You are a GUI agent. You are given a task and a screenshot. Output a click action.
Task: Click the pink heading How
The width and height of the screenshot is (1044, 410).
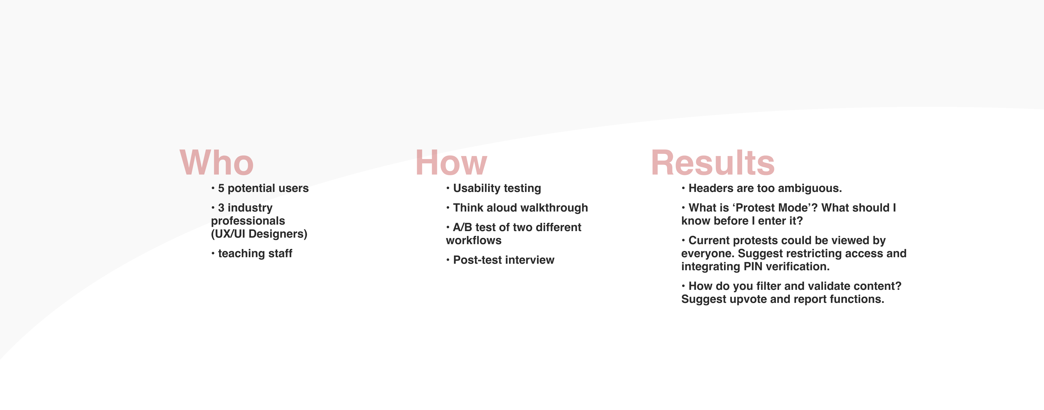(451, 163)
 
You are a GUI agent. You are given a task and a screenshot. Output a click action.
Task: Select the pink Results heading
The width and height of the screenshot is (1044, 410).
(713, 163)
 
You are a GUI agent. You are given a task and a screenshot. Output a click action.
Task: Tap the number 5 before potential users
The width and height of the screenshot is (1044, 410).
(221, 188)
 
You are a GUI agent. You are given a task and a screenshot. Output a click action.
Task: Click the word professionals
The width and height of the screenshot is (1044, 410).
(248, 221)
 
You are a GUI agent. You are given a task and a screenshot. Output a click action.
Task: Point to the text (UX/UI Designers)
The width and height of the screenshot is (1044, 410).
(259, 234)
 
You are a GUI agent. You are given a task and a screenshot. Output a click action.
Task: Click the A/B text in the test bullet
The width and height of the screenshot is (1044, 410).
(462, 227)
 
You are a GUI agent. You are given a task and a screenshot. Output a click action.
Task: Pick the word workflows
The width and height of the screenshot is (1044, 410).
(473, 241)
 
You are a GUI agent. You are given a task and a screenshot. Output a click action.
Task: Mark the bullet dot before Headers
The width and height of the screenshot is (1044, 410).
(683, 188)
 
